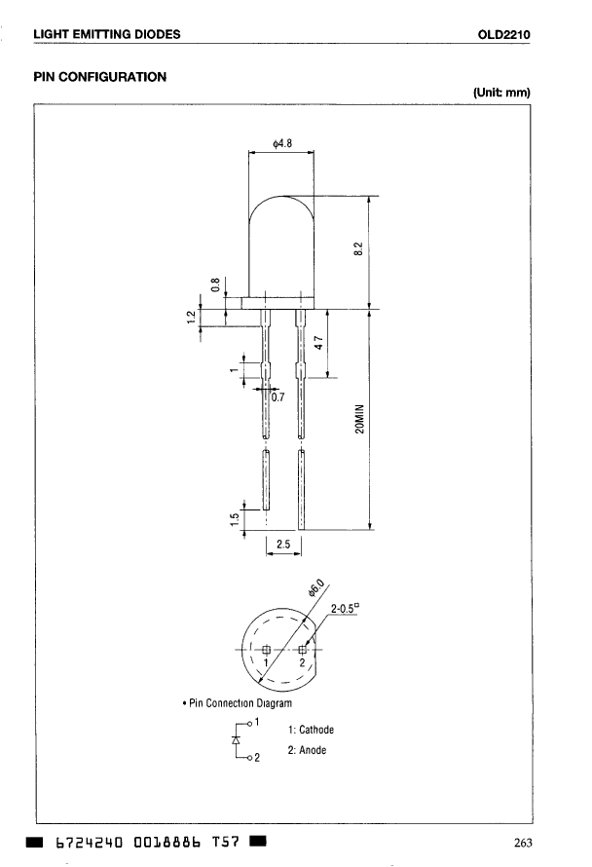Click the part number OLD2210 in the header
tap(503, 34)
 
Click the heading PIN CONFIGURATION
tap(100, 77)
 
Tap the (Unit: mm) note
tap(501, 93)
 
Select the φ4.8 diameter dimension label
tap(282, 144)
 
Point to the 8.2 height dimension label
tap(358, 248)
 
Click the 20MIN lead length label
tap(360, 419)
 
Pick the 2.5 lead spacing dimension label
tap(283, 545)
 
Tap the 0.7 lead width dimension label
tap(278, 397)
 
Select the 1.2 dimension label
tap(191, 317)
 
